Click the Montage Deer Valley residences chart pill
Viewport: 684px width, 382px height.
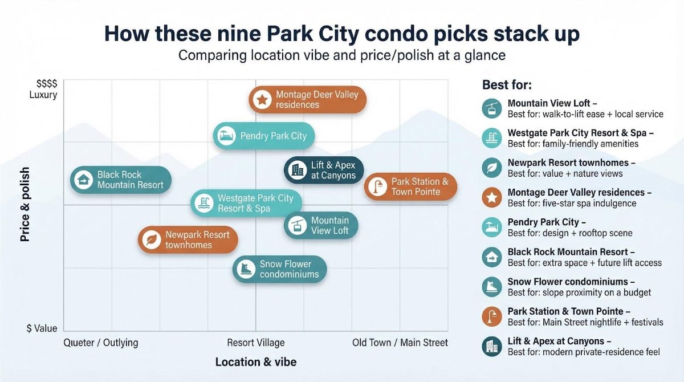point(307,100)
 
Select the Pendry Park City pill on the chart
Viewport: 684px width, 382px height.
point(264,136)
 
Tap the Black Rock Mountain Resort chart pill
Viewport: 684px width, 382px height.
point(121,180)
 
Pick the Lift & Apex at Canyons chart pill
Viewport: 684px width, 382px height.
point(324,170)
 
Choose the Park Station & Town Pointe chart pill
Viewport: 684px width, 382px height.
point(410,186)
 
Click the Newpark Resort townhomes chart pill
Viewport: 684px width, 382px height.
point(188,239)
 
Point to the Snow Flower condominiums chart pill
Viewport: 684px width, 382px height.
point(279,269)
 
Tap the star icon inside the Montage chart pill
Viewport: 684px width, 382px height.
point(262,100)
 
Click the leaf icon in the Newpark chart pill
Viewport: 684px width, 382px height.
point(152,239)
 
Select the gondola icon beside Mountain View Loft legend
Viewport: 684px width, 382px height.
point(491,108)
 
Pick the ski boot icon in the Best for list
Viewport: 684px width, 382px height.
point(491,287)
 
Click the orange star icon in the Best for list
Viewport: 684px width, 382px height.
point(491,198)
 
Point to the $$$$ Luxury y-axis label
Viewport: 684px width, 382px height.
point(43,89)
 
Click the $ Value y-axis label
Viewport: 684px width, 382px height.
point(42,328)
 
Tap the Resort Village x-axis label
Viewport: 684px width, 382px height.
point(256,343)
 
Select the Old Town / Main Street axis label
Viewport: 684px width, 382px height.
point(400,343)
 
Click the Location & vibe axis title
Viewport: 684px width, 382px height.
point(256,362)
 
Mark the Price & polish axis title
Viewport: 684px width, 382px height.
point(25,204)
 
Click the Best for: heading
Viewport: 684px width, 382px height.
point(507,85)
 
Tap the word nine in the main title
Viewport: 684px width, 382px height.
point(238,34)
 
